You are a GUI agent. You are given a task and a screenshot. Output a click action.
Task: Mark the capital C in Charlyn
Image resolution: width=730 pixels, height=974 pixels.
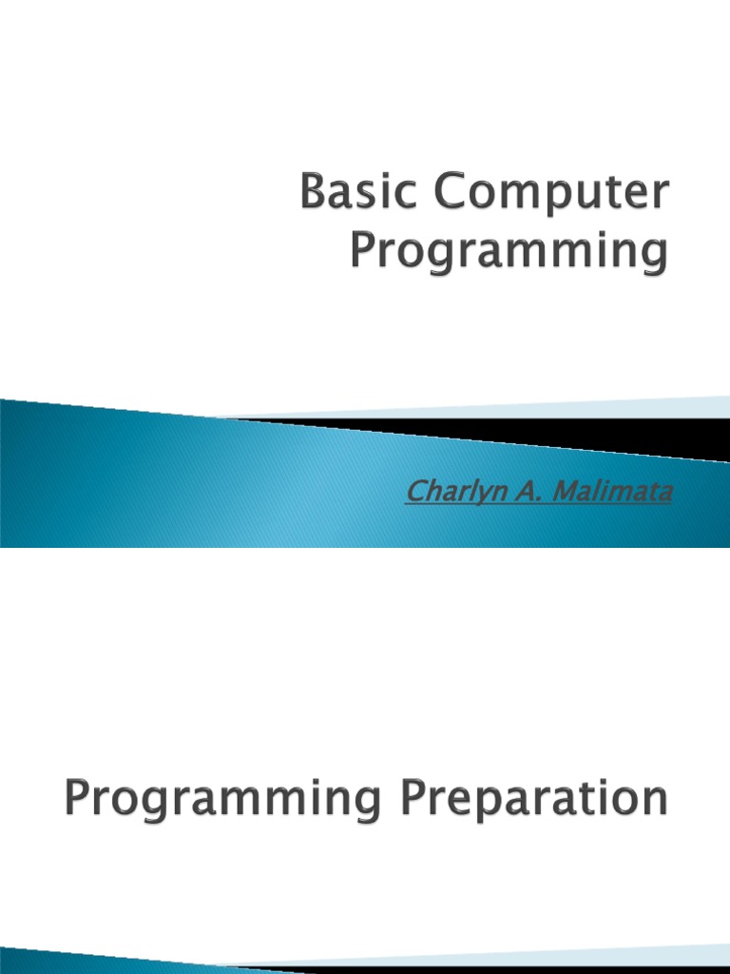pyautogui.click(x=414, y=493)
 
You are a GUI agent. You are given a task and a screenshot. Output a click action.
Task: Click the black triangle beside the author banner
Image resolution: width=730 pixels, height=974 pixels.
pyautogui.click(x=608, y=433)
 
